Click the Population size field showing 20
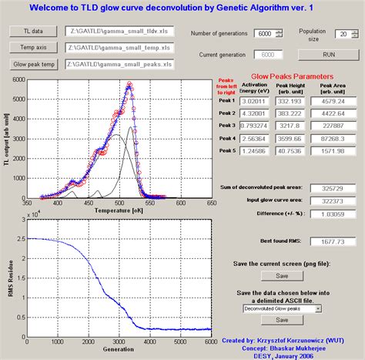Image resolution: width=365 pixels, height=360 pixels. [x=340, y=35]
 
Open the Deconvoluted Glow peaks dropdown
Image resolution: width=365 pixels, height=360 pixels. [x=282, y=308]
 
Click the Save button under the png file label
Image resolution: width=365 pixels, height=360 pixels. [x=282, y=275]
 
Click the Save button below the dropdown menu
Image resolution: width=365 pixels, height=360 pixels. [x=282, y=320]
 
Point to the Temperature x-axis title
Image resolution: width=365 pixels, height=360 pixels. [x=117, y=210]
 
